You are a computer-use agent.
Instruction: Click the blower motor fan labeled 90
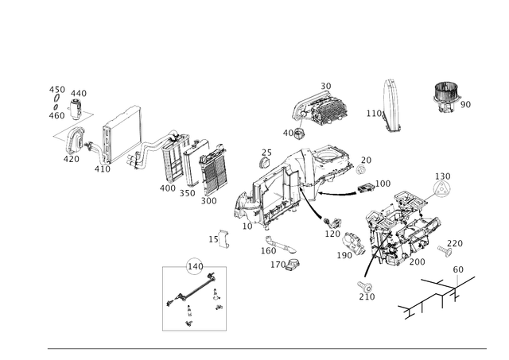pyautogui.click(x=447, y=97)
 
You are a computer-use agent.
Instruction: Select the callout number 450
pyautogui.click(x=57, y=90)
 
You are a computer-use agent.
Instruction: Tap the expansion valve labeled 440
pyautogui.click(x=76, y=110)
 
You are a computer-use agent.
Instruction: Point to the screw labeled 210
pyautogui.click(x=364, y=286)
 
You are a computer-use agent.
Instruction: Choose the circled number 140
pyautogui.click(x=196, y=266)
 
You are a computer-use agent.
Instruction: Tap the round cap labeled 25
pyautogui.click(x=265, y=163)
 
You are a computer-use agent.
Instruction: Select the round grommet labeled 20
pyautogui.click(x=360, y=169)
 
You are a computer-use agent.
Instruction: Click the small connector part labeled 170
pyautogui.click(x=292, y=264)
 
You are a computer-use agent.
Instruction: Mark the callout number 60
pyautogui.click(x=458, y=269)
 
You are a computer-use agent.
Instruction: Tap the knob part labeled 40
pyautogui.click(x=297, y=134)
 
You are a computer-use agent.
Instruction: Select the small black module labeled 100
pyautogui.click(x=366, y=188)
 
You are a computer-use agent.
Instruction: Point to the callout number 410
pyautogui.click(x=103, y=169)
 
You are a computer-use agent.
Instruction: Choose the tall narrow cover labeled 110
pyautogui.click(x=391, y=106)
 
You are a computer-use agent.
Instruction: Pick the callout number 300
pyautogui.click(x=208, y=201)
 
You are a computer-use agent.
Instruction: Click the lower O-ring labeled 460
pyautogui.click(x=56, y=106)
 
